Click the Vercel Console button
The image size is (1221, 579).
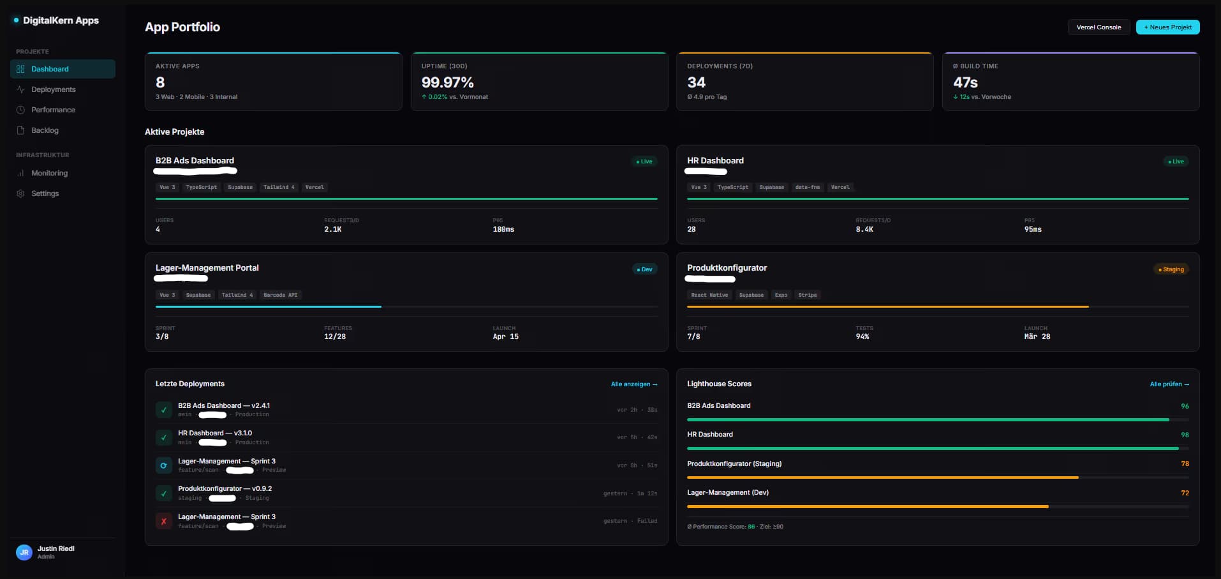[1099, 27]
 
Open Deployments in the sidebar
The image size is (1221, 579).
[53, 89]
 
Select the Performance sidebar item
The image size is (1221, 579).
[53, 110]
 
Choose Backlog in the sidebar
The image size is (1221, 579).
[45, 130]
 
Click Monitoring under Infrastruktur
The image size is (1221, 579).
[49, 173]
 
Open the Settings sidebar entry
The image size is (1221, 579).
[45, 193]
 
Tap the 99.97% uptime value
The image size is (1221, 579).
[447, 82]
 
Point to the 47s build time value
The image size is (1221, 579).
[965, 82]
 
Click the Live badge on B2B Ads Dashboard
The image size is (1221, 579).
[644, 162]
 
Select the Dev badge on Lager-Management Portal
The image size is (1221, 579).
[644, 269]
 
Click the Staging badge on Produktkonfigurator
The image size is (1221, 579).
[1171, 269]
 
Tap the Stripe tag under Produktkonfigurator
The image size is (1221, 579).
[807, 295]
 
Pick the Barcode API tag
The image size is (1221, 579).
[280, 295]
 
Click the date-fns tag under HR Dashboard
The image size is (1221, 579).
[807, 187]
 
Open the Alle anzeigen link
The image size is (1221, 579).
[633, 384]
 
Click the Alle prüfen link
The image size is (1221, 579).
[1169, 384]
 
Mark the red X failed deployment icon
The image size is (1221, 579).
[164, 521]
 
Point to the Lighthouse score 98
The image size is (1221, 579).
[1185, 435]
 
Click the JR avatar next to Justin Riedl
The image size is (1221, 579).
[24, 552]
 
